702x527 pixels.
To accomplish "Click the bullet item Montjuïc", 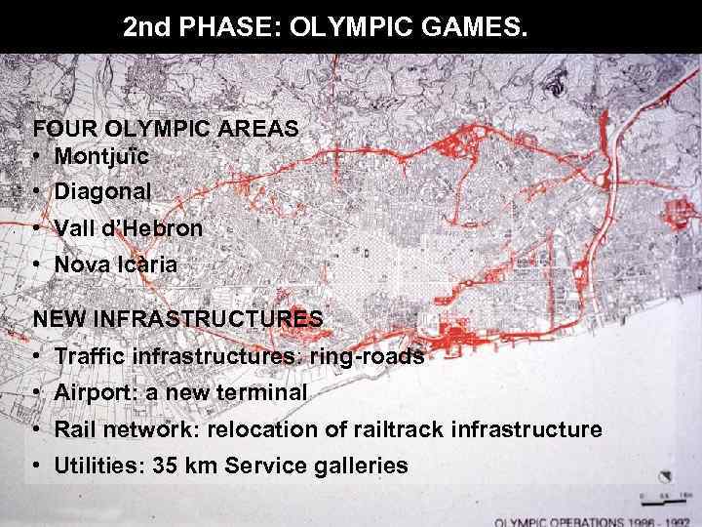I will [102, 156].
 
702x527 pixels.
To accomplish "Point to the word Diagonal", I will [102, 192].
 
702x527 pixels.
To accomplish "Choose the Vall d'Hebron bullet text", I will [129, 229].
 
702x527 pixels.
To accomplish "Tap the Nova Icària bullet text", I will [116, 264].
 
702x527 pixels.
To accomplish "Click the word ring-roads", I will [367, 356].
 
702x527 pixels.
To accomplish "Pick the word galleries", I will [360, 466].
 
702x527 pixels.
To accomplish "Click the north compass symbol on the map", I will [666, 479].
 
